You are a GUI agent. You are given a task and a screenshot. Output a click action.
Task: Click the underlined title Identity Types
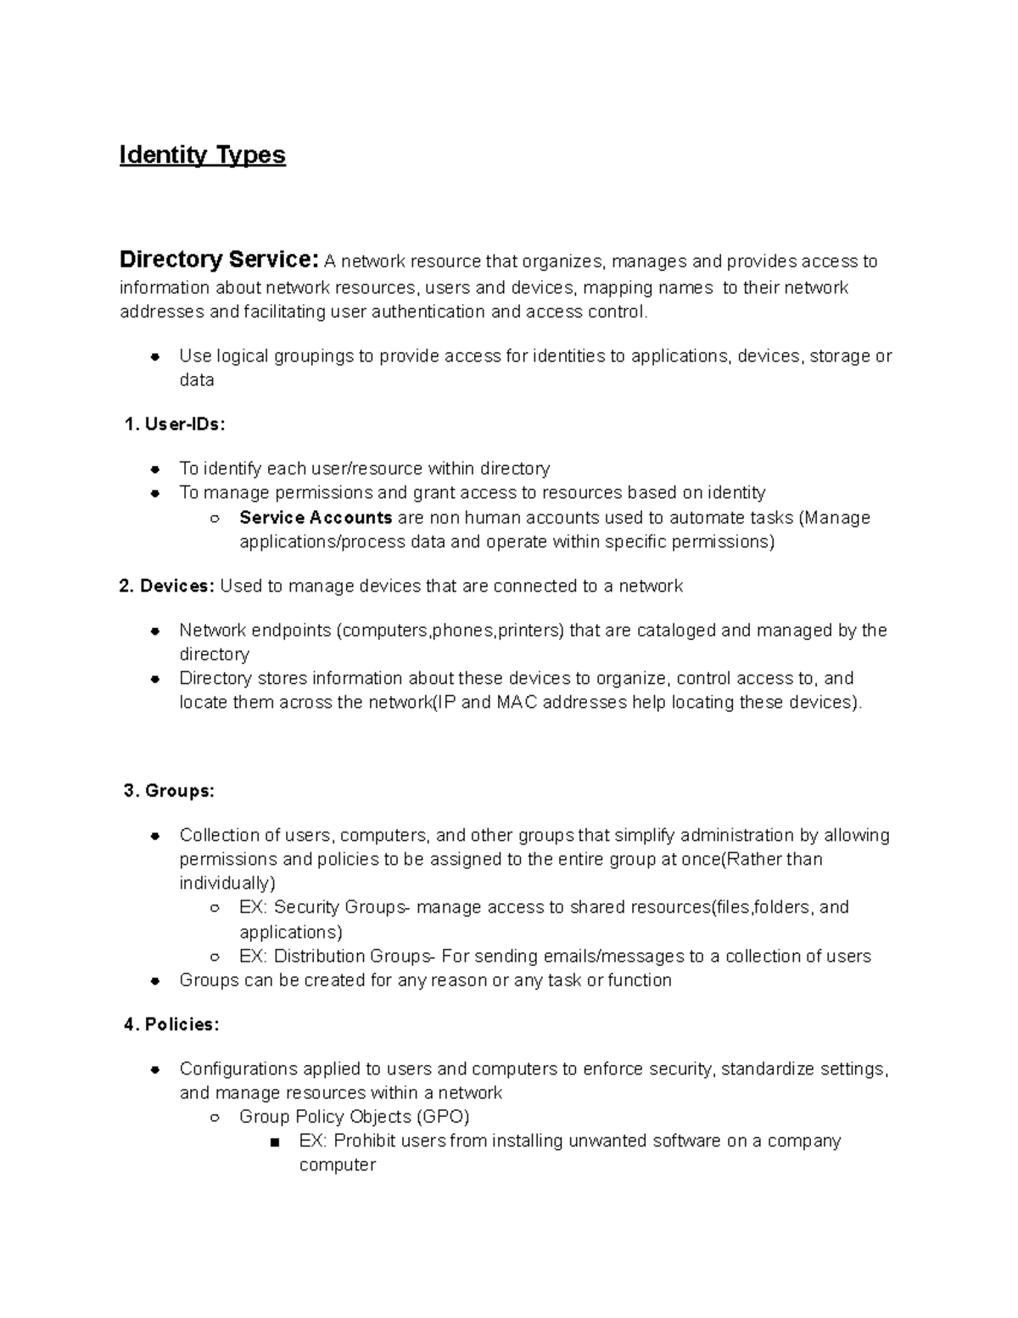pos(202,155)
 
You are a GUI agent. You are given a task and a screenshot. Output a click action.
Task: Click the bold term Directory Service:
pos(219,260)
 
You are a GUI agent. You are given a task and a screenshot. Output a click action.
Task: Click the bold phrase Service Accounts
pos(316,518)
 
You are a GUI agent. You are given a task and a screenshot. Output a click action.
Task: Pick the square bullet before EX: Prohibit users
pos(273,1142)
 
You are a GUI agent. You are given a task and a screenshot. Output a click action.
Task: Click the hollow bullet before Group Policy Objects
pos(215,1118)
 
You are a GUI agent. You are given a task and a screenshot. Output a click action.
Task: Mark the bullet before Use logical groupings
pos(155,356)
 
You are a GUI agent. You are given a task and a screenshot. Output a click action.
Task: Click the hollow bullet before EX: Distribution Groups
pos(215,957)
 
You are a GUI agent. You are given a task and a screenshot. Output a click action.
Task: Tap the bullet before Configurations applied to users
pos(155,1069)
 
